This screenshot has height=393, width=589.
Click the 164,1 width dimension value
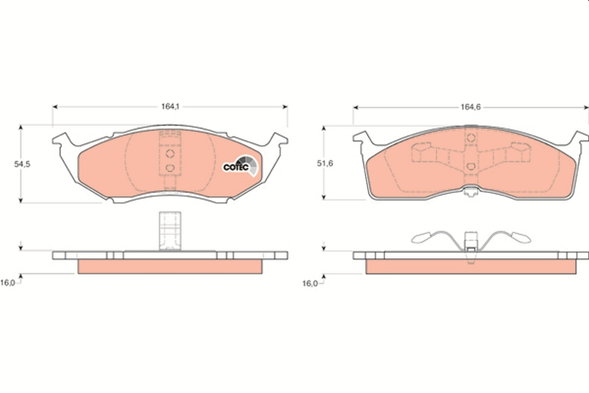169,106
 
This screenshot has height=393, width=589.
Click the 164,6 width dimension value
469,106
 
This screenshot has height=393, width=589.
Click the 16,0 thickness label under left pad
8,282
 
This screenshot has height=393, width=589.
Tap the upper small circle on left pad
170,154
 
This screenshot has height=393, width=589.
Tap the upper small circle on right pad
470,137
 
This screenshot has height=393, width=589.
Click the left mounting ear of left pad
61,141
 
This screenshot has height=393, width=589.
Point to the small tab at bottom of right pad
470,193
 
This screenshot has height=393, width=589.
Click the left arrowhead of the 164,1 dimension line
54,106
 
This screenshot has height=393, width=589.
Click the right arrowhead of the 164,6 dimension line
586,106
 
